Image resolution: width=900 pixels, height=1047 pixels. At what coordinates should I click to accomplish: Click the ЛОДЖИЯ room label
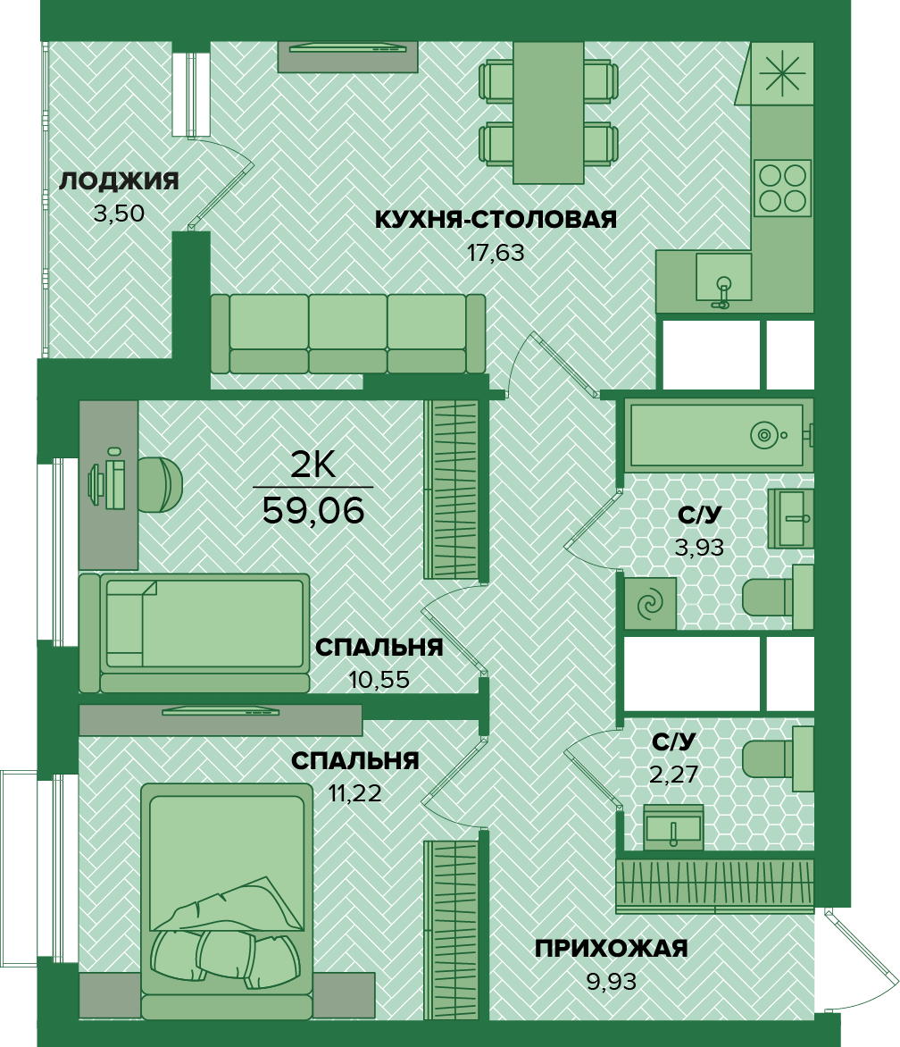click(x=119, y=181)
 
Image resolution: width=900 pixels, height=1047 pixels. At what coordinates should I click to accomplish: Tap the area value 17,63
click(x=495, y=253)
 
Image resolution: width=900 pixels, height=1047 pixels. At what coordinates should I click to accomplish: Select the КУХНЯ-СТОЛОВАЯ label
click(x=496, y=219)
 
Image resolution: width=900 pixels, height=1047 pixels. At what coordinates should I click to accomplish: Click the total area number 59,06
click(x=313, y=511)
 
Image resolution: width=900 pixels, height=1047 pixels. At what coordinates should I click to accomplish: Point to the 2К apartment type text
click(x=312, y=465)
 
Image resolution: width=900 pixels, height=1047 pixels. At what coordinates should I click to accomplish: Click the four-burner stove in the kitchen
click(x=782, y=188)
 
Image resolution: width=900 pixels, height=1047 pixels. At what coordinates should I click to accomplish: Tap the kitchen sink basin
click(x=723, y=277)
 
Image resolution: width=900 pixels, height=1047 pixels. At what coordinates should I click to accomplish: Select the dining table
click(x=548, y=113)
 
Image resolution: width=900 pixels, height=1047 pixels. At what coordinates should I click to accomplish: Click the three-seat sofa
click(x=347, y=333)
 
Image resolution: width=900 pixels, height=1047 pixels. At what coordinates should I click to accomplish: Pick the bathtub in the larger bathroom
click(x=717, y=435)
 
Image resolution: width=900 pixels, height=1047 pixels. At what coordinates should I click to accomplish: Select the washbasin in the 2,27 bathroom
click(x=673, y=827)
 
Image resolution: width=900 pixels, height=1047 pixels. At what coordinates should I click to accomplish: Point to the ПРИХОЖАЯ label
click(x=611, y=948)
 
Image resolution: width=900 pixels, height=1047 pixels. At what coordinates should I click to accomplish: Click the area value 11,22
click(x=354, y=793)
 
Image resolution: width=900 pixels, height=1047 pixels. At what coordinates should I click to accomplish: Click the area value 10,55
click(x=379, y=680)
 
